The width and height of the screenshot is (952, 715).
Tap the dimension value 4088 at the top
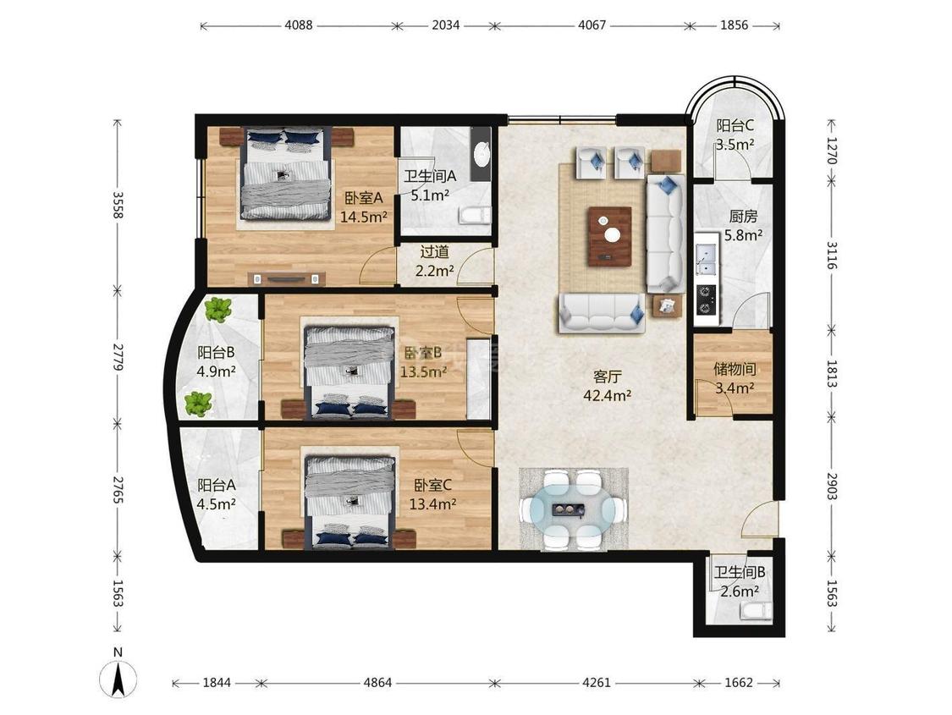[298, 25]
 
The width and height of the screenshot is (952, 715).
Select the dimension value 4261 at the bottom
[597, 683]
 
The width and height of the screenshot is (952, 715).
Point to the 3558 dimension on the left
[118, 205]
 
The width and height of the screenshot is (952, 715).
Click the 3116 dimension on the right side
[832, 255]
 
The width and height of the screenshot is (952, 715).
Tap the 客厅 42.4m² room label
[607, 386]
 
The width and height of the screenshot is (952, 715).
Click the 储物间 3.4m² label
[735, 378]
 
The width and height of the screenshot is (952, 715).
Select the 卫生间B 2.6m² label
[740, 581]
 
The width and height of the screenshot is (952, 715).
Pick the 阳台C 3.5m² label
[735, 135]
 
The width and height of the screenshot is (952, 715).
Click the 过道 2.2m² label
[435, 261]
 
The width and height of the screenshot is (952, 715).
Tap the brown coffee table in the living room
[609, 236]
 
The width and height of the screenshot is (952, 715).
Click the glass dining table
[574, 509]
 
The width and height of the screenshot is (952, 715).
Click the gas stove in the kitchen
[705, 300]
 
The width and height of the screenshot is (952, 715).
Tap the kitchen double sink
[707, 259]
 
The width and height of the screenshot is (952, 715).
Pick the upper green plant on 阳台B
[217, 310]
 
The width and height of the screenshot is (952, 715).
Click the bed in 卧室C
[350, 503]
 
